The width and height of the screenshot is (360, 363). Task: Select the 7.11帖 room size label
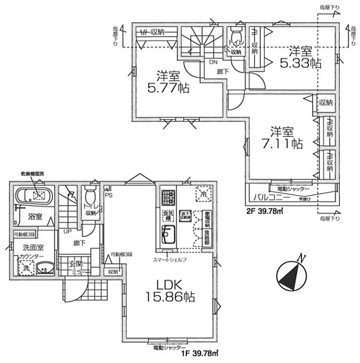click(x=282, y=137)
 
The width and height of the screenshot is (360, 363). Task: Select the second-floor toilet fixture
click(x=235, y=34)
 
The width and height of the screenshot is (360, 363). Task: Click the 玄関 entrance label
click(x=75, y=264)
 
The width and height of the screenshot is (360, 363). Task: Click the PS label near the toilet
click(x=109, y=195)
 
